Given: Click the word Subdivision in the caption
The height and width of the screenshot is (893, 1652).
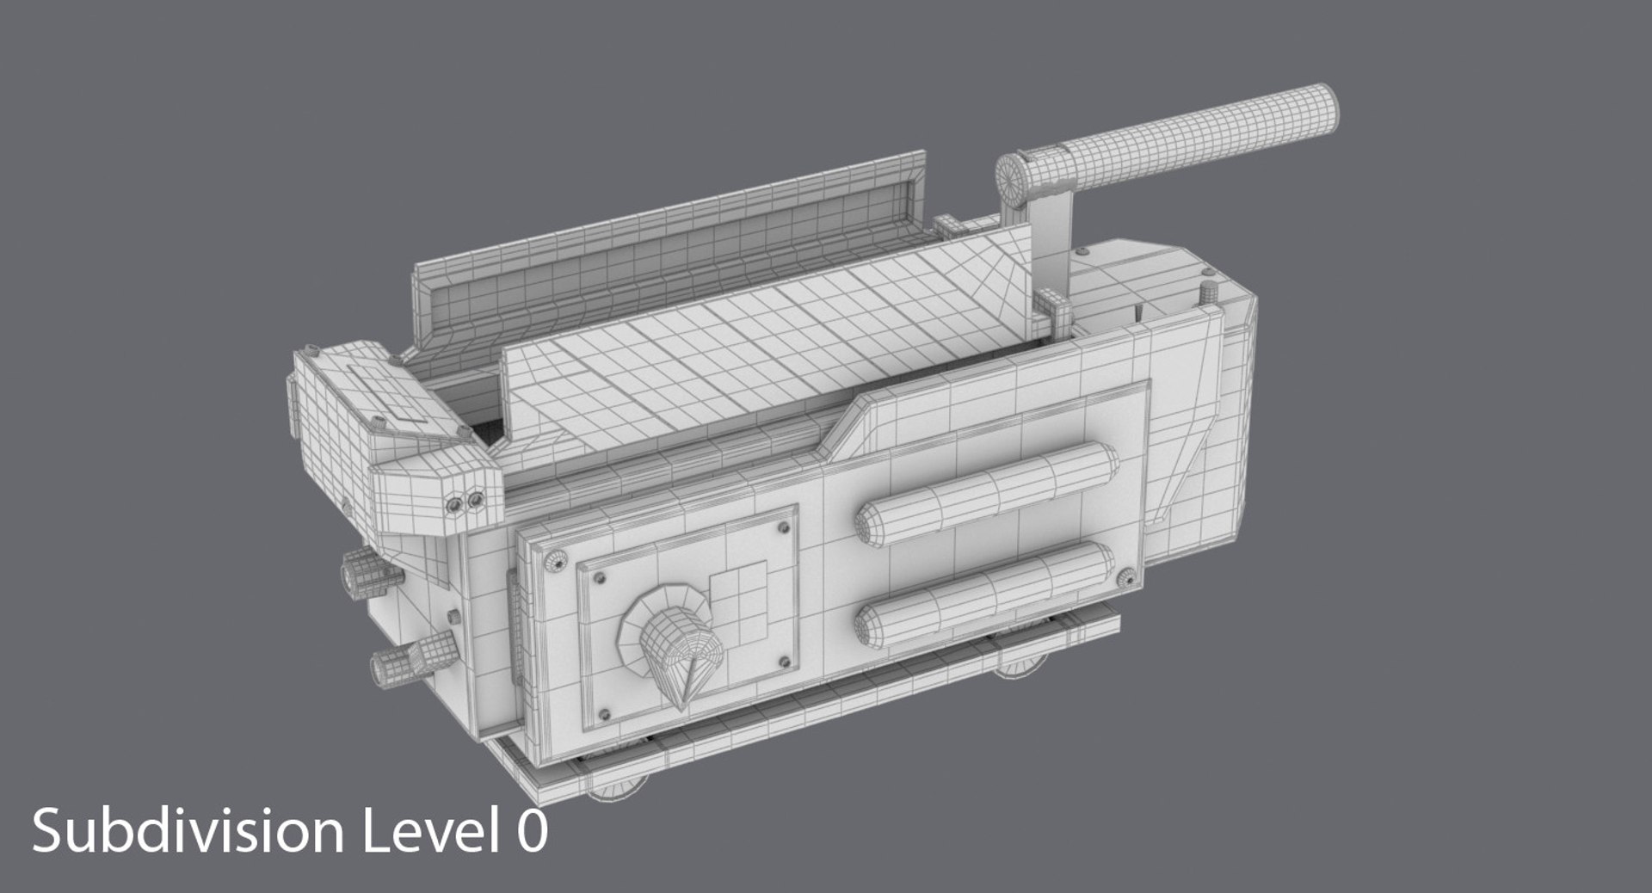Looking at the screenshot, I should tap(185, 833).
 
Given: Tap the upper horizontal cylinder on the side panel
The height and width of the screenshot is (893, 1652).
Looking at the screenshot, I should tap(986, 494).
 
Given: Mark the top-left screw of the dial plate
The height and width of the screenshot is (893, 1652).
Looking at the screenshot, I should tap(600, 576).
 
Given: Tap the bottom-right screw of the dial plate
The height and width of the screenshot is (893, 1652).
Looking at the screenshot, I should tap(784, 662).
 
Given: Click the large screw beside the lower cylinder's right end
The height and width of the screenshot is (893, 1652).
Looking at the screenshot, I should tap(1125, 580).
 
